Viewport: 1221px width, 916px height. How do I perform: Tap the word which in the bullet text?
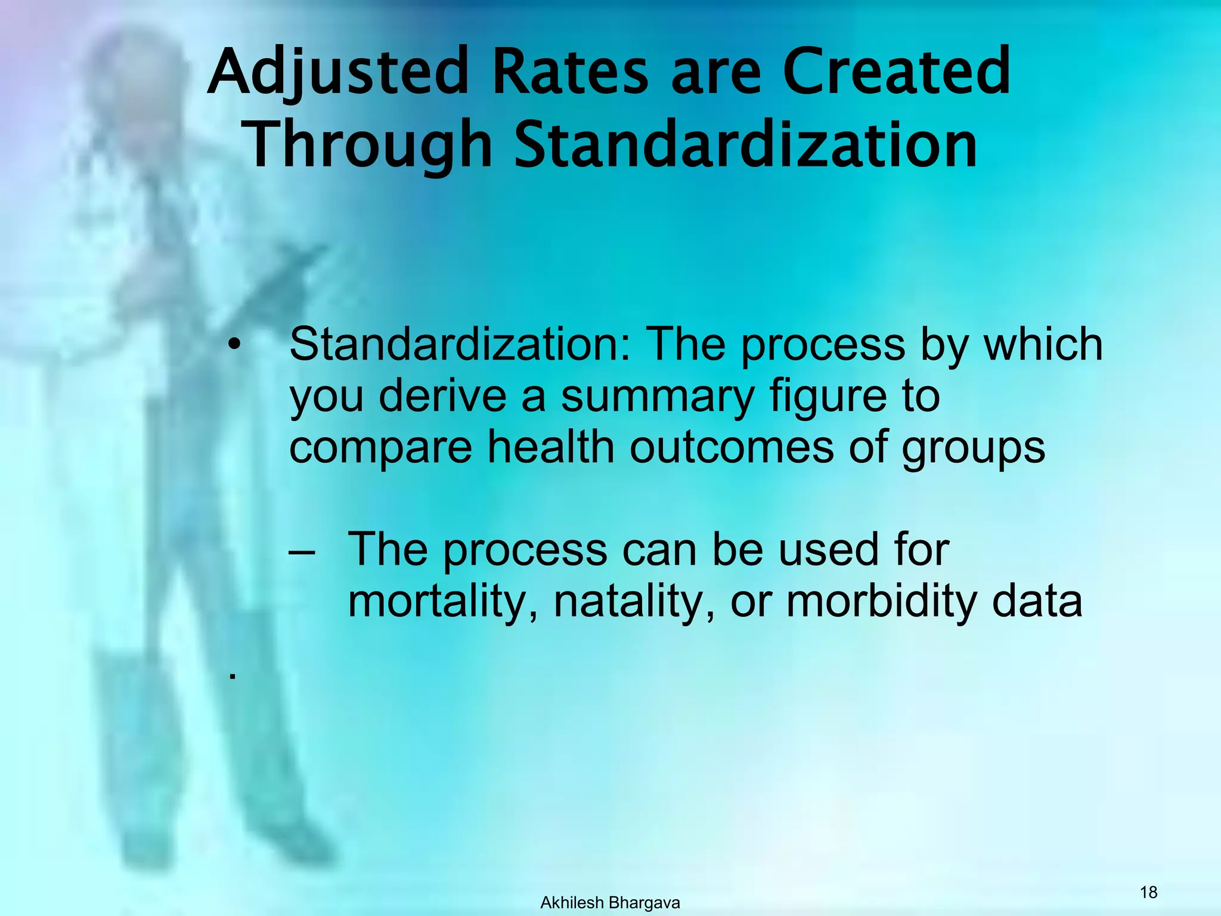point(1043,345)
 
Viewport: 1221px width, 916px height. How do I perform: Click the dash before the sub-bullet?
point(302,551)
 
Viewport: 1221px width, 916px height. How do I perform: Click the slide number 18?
point(1148,892)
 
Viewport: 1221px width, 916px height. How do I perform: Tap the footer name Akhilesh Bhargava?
point(610,903)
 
